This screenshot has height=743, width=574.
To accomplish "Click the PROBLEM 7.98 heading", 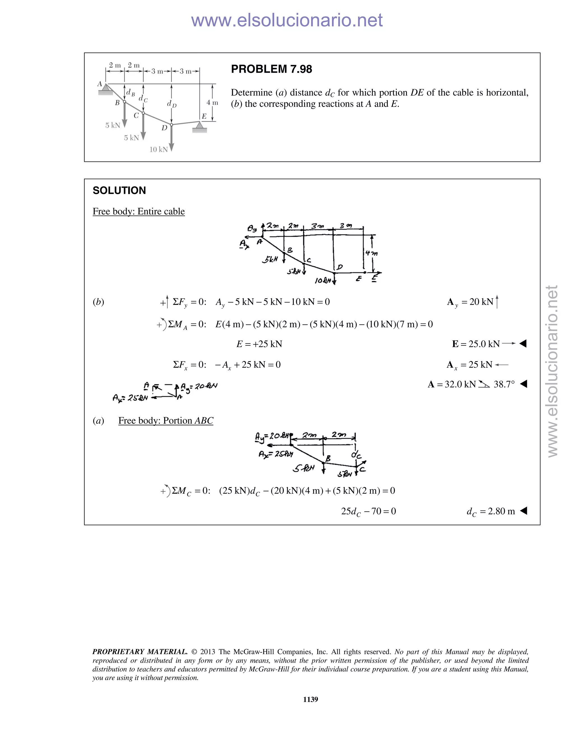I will click(271, 69).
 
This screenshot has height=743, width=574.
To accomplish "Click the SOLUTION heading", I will click(119, 190).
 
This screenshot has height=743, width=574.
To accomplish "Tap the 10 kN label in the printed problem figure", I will click(158, 149).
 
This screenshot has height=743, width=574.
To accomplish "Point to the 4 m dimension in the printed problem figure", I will click(212, 102).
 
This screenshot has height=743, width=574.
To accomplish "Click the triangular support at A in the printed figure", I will click(105, 89).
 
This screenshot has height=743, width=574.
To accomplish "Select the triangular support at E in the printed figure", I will click(200, 127).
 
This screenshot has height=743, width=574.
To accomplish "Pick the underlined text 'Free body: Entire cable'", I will click(139, 211).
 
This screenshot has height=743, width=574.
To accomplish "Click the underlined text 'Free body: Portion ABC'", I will click(166, 421).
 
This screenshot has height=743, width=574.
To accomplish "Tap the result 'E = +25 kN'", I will click(259, 344).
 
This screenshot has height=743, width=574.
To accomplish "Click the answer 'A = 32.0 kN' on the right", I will click(452, 384).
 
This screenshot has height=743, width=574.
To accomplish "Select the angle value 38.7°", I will click(504, 384).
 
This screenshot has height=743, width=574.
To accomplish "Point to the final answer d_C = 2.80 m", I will click(490, 511).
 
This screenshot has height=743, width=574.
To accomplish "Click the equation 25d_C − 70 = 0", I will click(368, 511).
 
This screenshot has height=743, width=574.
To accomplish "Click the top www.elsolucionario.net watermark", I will click(287, 20).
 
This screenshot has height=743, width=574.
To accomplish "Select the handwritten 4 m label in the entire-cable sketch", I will click(371, 253).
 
